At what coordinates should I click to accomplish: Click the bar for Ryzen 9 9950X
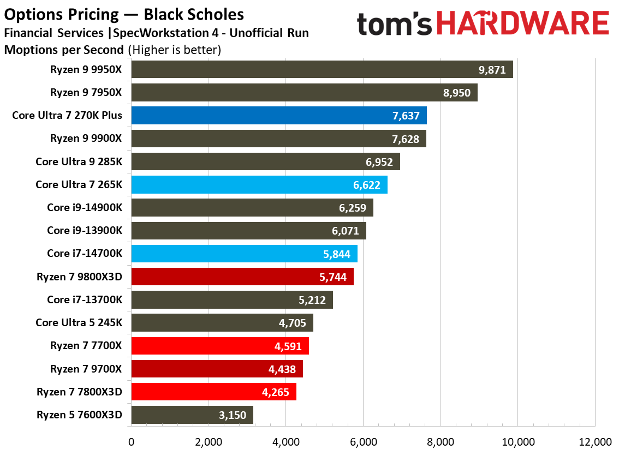click(x=322, y=69)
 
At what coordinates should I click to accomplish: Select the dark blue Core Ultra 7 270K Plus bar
click(x=279, y=116)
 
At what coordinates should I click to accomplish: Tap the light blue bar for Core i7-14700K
click(x=244, y=254)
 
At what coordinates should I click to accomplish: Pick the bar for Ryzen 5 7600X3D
click(x=192, y=415)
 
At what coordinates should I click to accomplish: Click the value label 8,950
click(x=457, y=93)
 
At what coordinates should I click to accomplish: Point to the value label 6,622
click(x=367, y=185)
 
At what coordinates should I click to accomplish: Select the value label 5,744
click(x=333, y=277)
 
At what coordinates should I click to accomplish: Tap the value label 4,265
click(x=276, y=393)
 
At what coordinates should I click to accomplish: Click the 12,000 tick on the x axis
click(x=594, y=441)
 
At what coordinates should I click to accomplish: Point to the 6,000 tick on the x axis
click(x=363, y=441)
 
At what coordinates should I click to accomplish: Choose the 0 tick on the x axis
click(x=131, y=441)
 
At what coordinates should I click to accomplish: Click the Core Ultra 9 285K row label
click(x=79, y=161)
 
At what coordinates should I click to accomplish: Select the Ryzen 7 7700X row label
click(x=86, y=346)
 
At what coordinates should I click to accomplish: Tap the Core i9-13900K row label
click(x=84, y=231)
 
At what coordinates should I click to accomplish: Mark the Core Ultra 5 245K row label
click(x=79, y=323)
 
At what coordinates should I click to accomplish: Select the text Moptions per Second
click(x=64, y=50)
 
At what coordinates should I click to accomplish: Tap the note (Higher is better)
click(x=174, y=50)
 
